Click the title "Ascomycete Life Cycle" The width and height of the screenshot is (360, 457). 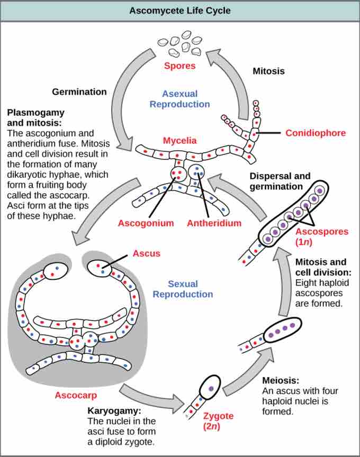point(180,11)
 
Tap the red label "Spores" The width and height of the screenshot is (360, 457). point(179,66)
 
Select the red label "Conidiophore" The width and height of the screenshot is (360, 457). point(316,133)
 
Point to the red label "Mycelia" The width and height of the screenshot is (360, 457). point(179,141)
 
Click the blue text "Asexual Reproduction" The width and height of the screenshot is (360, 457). point(179,98)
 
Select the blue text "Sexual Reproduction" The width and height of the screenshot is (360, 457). point(190,289)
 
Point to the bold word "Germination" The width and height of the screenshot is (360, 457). point(79,92)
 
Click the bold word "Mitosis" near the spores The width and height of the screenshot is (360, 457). point(268,70)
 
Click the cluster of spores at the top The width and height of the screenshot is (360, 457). point(180,43)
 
